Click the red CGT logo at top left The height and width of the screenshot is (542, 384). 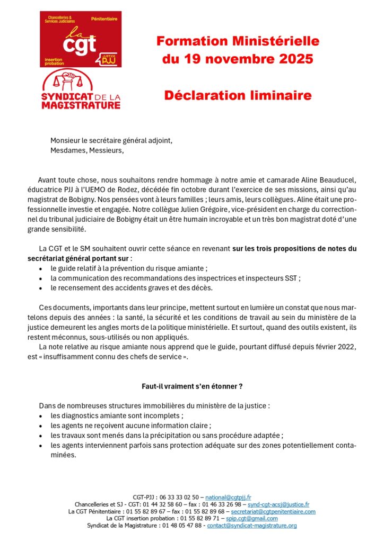[x=81, y=40]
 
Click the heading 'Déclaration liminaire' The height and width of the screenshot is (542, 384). [x=238, y=95]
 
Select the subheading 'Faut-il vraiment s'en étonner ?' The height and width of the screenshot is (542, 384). [x=191, y=387]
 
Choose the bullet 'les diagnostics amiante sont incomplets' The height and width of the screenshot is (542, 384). [x=117, y=415]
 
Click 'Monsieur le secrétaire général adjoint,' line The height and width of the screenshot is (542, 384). [x=111, y=140]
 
